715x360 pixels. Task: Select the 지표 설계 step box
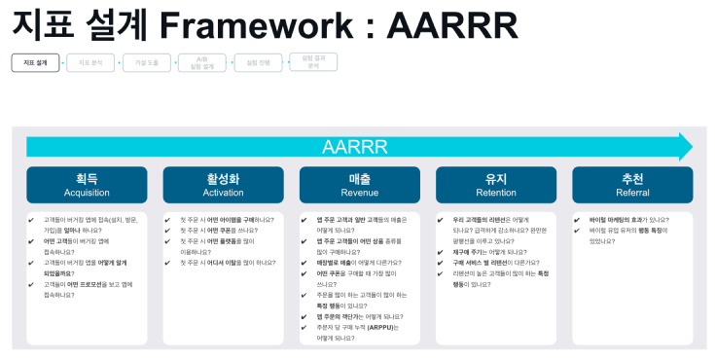click(35, 62)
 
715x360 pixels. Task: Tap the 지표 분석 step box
click(90, 62)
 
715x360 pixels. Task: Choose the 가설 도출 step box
click(146, 62)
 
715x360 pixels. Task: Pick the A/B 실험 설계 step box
click(202, 62)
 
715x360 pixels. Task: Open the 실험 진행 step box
click(258, 62)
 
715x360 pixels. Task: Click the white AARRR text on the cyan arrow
click(355, 147)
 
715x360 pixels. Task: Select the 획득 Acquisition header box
click(87, 185)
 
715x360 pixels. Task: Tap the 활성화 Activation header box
click(223, 185)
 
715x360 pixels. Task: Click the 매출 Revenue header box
click(359, 185)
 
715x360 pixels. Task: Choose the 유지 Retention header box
click(496, 185)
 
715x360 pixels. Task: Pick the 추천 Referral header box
click(632, 185)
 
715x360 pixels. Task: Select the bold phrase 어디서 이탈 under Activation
click(225, 263)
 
